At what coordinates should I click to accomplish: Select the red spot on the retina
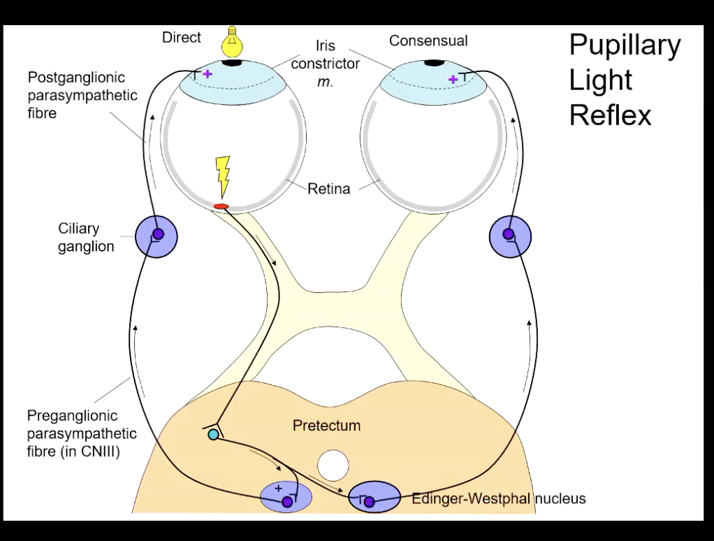(x=221, y=206)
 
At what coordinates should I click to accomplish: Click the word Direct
(x=182, y=38)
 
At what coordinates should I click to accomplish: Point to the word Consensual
(x=428, y=41)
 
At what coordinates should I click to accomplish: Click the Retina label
(x=328, y=189)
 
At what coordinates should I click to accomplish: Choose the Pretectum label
(x=326, y=425)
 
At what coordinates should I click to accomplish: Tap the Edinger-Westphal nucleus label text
(x=498, y=498)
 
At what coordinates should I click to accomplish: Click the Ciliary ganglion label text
(x=86, y=238)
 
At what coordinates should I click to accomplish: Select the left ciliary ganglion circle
(x=156, y=236)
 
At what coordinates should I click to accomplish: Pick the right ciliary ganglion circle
(x=510, y=236)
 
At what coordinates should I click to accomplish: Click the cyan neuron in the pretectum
(x=213, y=435)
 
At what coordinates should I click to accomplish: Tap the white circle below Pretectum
(x=333, y=464)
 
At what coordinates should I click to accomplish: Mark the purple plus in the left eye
(x=207, y=73)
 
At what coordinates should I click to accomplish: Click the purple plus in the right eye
(x=453, y=80)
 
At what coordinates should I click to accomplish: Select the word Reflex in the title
(x=610, y=115)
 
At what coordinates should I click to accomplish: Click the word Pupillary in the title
(x=625, y=45)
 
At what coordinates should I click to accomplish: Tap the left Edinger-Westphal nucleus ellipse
(x=285, y=496)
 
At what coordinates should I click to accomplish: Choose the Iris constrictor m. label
(x=325, y=64)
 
